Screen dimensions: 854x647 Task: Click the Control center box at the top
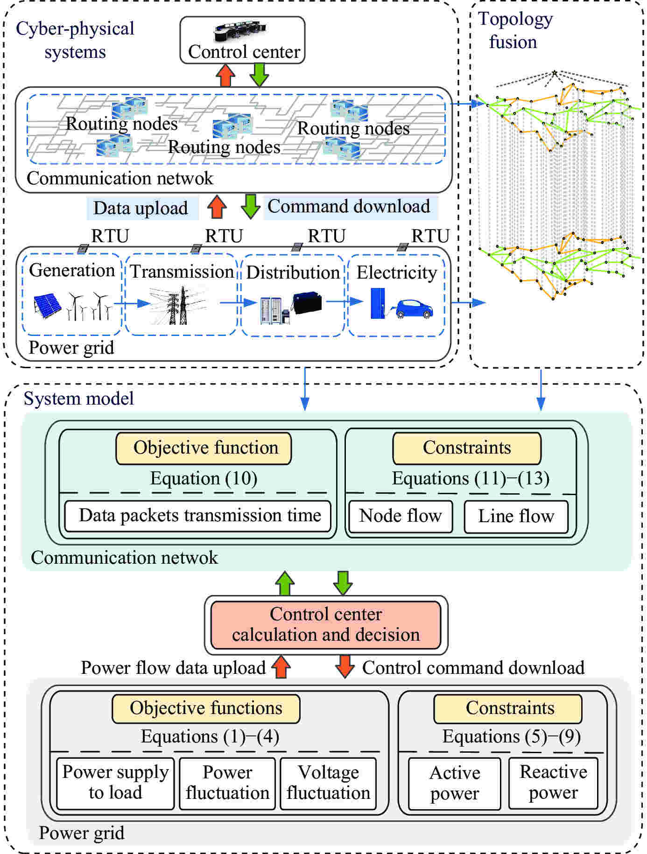pos(242,41)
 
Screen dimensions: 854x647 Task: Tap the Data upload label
pos(141,208)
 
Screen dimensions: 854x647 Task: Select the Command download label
pos(349,207)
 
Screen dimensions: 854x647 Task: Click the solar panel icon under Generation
pos(47,306)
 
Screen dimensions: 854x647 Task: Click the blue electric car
pos(415,309)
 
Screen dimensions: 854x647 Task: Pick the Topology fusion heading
pos(514,30)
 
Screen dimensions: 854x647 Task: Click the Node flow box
pos(401,516)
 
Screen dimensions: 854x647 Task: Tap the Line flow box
pos(516,516)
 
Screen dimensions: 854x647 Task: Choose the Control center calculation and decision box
pos(326,624)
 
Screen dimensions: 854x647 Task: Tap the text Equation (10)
pos(204,478)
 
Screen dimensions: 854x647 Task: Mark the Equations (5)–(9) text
pos(511,736)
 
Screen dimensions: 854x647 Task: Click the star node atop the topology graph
pos(555,73)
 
